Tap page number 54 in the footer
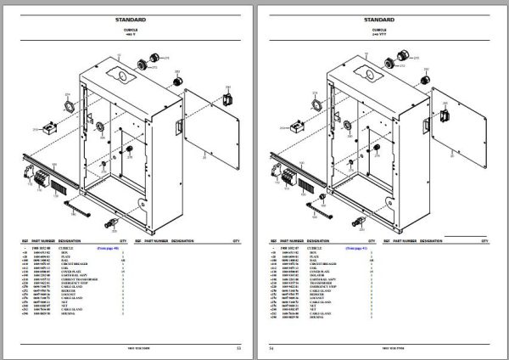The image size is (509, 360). coord(271,348)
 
